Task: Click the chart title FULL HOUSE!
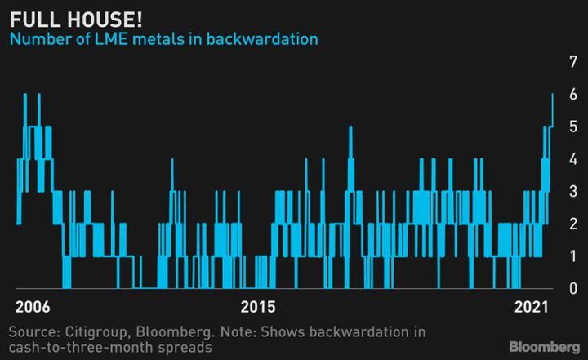[x=76, y=20]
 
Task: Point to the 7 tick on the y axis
[x=573, y=62]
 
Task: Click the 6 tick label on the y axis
[x=573, y=94]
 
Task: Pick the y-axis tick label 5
[x=573, y=127]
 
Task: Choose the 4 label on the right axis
[x=573, y=159]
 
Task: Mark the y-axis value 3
[x=573, y=191]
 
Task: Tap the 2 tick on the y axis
[x=573, y=224]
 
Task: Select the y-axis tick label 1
[x=573, y=256]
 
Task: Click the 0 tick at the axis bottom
[x=573, y=288]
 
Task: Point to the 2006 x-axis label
[x=33, y=307]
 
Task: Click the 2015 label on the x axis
[x=257, y=307]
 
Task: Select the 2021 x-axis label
[x=532, y=307]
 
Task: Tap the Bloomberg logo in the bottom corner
[x=545, y=347]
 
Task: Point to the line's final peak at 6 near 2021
[x=552, y=94]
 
